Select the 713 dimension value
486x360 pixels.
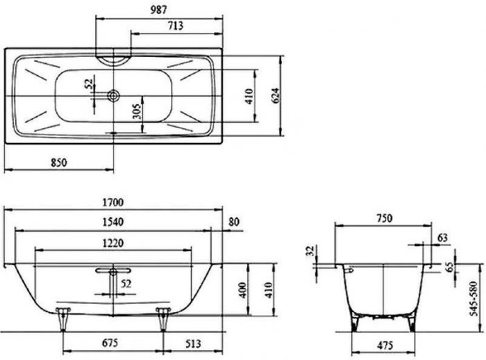(174, 27)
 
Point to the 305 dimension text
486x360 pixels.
(137, 111)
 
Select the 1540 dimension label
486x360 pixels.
(112, 222)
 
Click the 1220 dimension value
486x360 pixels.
(112, 243)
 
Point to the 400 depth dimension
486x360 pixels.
(242, 291)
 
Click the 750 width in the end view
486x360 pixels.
(384, 218)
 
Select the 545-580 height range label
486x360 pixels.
(474, 298)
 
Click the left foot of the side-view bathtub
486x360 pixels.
(66, 316)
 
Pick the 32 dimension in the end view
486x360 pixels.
(310, 251)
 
